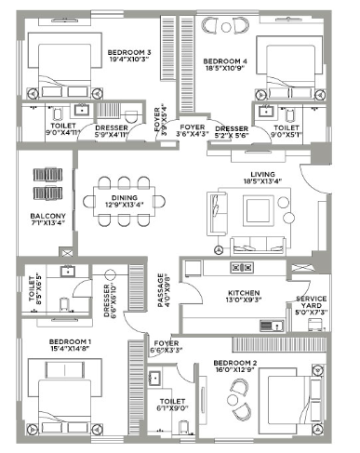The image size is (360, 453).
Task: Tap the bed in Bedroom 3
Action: (60, 66)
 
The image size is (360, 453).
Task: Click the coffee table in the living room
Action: (256, 211)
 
